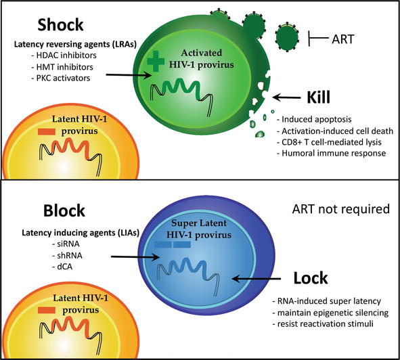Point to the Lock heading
pos(320,277)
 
